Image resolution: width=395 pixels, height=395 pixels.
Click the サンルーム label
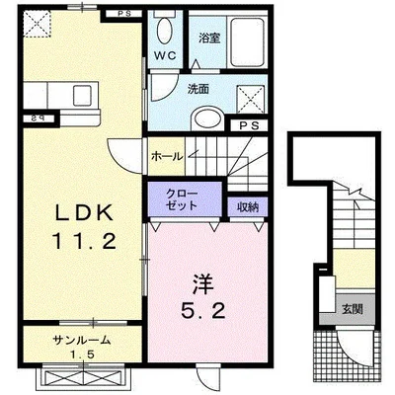tap(82, 340)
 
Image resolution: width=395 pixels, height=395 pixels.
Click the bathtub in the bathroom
tap(246, 44)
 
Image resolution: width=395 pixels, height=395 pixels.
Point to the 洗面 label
tap(198, 89)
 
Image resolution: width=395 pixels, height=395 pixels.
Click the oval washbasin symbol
tap(207, 118)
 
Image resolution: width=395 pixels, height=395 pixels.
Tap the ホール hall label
tap(165, 154)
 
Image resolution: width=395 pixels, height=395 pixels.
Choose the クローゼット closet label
tap(181, 198)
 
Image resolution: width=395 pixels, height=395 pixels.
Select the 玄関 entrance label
tap(352, 309)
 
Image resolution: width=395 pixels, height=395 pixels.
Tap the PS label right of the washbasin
tap(249, 126)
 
